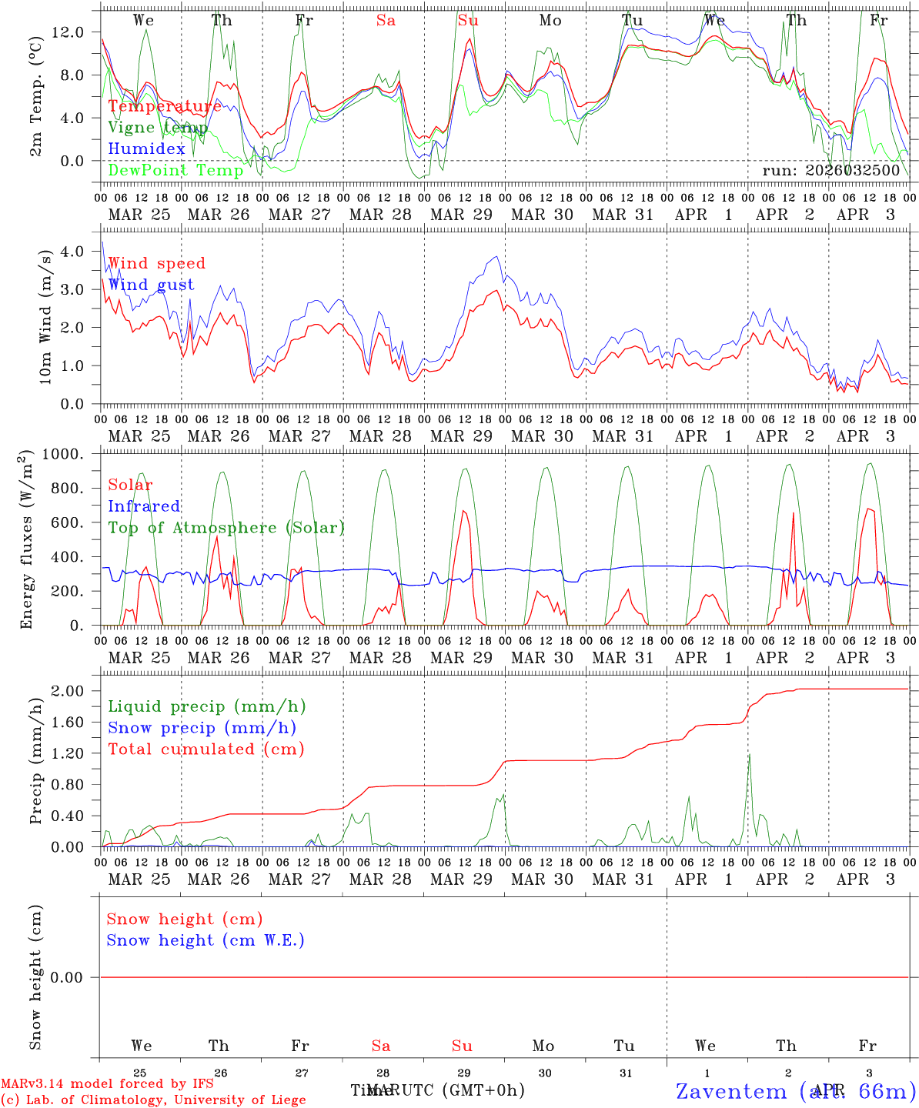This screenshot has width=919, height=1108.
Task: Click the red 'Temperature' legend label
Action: (x=165, y=106)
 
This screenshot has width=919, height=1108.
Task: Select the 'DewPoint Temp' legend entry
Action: (x=175, y=170)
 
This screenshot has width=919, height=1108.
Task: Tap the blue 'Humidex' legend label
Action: (x=146, y=149)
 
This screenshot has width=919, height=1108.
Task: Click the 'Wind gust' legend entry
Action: (x=151, y=285)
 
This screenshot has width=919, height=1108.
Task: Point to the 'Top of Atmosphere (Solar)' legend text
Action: (x=226, y=528)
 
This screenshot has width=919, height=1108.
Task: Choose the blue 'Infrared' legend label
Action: (x=144, y=506)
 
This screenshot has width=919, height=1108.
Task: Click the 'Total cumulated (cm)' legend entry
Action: (x=206, y=749)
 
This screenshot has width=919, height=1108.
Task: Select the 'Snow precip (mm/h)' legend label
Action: (x=202, y=728)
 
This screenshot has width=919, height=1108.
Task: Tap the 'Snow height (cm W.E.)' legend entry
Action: (x=206, y=940)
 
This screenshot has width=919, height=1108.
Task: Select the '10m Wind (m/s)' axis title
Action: (x=47, y=315)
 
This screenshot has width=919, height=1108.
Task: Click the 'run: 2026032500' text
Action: (x=830, y=170)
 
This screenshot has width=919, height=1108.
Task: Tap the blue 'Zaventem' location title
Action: (x=731, y=1091)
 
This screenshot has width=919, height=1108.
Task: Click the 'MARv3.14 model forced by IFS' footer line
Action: (x=107, y=1084)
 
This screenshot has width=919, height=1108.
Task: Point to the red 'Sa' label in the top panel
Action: (x=386, y=21)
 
